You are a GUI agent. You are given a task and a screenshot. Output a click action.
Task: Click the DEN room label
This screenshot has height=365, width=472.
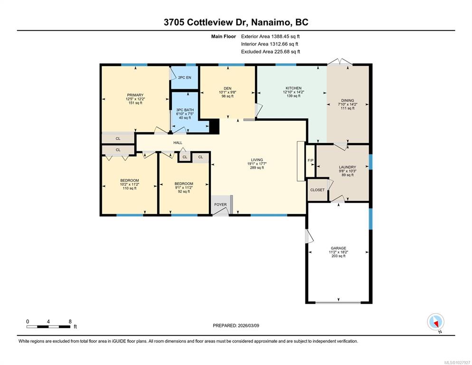point(227,88)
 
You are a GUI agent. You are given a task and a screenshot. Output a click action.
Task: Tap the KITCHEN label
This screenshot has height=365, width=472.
point(293,88)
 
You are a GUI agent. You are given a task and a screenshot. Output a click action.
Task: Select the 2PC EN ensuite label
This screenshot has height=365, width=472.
point(185,77)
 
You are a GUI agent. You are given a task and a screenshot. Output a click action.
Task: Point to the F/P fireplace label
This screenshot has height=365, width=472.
point(311,160)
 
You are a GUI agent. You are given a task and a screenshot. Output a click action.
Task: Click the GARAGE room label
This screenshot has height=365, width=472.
point(339,248)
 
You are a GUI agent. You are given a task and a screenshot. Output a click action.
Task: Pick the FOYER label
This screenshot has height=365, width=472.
point(220,204)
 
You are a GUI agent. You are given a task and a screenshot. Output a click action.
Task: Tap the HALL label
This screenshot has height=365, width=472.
point(178,143)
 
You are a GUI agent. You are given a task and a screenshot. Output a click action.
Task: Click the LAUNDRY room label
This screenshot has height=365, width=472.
point(348,167)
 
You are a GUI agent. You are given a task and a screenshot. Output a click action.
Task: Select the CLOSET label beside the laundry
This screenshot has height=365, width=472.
point(317,190)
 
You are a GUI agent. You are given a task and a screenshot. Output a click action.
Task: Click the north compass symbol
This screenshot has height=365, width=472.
point(435,322)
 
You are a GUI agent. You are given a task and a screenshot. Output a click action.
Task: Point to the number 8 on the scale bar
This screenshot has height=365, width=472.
point(70,321)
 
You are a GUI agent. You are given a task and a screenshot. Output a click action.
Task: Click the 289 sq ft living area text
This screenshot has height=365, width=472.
point(257,168)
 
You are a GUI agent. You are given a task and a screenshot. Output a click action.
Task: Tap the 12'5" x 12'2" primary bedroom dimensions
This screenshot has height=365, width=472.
point(135,99)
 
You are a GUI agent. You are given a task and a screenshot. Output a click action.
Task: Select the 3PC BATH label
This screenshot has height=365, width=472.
point(185,110)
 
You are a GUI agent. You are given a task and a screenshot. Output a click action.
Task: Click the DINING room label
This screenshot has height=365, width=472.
point(348,100)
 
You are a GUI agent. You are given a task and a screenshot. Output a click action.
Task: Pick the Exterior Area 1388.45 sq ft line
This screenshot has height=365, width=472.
point(270,37)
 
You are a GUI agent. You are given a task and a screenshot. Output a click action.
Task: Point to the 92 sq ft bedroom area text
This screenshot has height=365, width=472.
point(184,192)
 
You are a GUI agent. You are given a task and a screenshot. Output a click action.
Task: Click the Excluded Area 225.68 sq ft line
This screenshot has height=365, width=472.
point(271,51)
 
